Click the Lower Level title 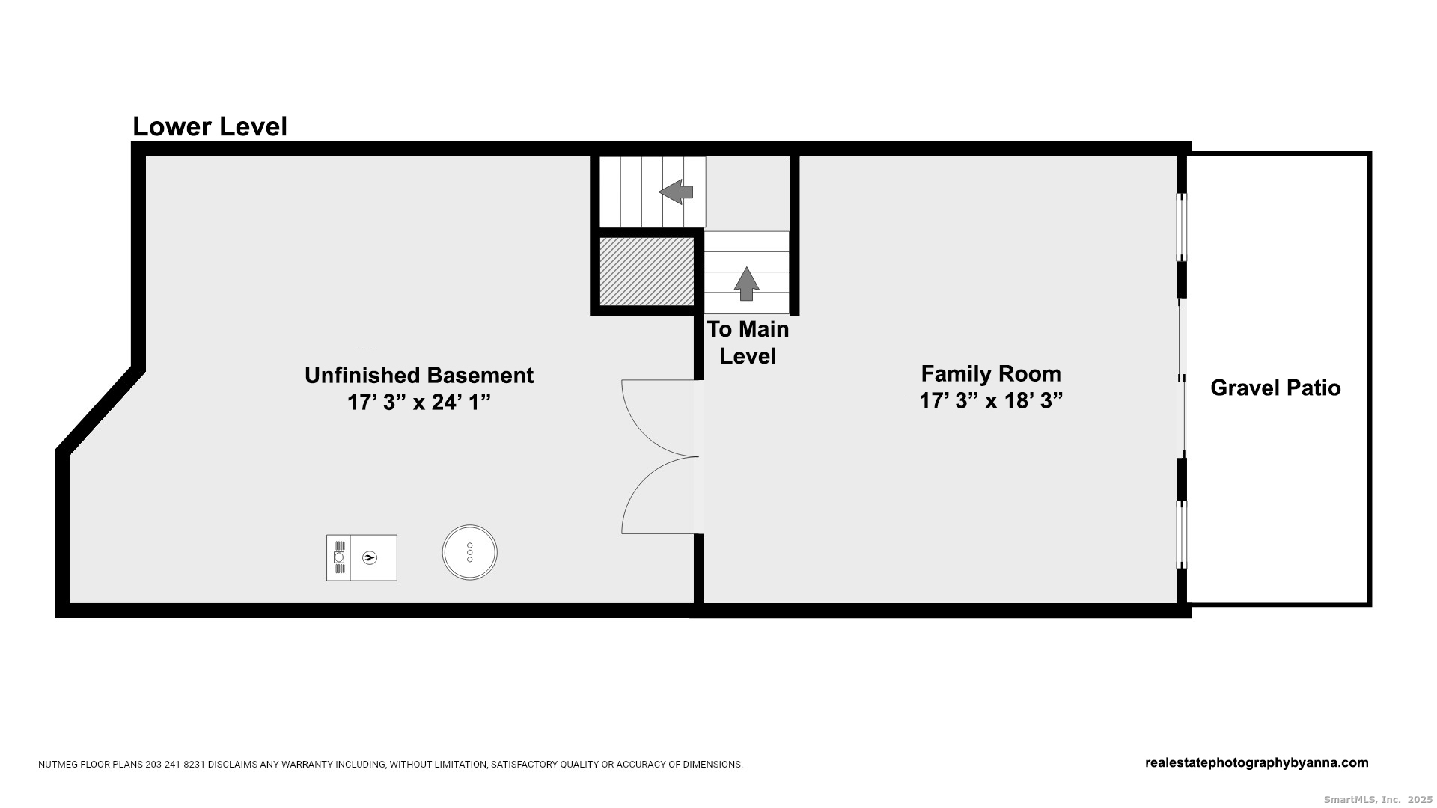(210, 127)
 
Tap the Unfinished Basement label (419, 375)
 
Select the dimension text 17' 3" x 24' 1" (419, 403)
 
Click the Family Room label (991, 373)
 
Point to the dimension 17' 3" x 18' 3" (991, 401)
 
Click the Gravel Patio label (1275, 388)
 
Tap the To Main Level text (748, 343)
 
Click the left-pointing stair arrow (676, 192)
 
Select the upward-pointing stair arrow (746, 284)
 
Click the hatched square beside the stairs (647, 272)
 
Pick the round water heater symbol (469, 552)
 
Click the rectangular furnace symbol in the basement (361, 557)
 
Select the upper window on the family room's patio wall (1182, 227)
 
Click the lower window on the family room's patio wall (1182, 535)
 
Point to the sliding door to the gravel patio (1182, 379)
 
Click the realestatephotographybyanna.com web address (1257, 763)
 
